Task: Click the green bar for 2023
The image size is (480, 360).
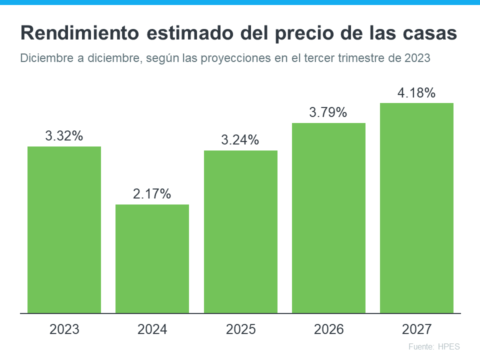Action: tap(64, 229)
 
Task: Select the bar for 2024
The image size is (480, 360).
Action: tap(152, 258)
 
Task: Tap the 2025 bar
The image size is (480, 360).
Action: tap(240, 231)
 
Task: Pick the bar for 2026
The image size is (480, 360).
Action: tap(328, 218)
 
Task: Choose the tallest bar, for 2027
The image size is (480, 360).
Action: tap(416, 208)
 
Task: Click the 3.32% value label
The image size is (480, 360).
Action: tap(64, 135)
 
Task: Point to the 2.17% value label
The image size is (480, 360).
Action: tap(152, 193)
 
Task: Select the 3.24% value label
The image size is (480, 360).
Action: tap(240, 140)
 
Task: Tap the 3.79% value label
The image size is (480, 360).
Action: tap(328, 112)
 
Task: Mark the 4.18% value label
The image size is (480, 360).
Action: tap(416, 92)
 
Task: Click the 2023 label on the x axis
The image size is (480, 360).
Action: tap(64, 329)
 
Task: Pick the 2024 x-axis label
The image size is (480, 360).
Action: tap(152, 329)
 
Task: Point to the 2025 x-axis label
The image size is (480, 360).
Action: tap(240, 329)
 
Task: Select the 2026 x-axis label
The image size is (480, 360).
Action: tap(328, 329)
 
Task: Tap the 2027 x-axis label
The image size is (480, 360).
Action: tap(416, 329)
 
